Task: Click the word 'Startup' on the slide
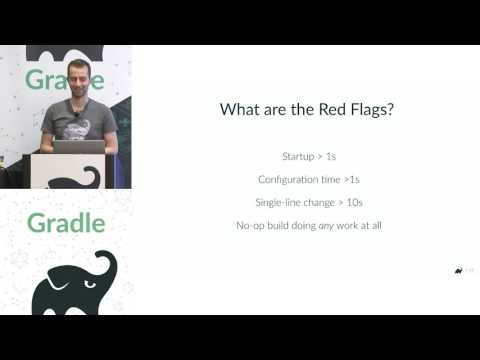[x=300, y=156]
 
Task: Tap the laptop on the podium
[x=79, y=147]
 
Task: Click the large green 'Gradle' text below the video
[x=65, y=222]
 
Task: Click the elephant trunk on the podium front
[x=93, y=175]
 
